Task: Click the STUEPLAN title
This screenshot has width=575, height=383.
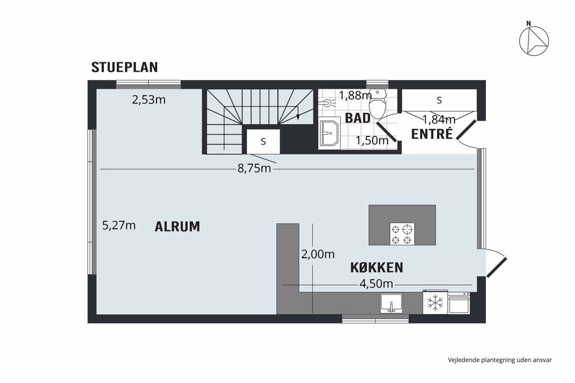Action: click(x=124, y=67)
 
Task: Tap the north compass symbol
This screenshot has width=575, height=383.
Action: click(x=533, y=40)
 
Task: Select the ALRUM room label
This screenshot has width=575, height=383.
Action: click(x=177, y=227)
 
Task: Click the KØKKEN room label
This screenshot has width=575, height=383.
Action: click(x=377, y=268)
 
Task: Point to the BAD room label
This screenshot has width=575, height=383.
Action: click(x=357, y=118)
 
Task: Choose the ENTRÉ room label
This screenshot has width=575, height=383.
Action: click(x=432, y=134)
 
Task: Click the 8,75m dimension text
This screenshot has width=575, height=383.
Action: click(x=254, y=169)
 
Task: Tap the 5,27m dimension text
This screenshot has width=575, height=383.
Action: click(x=119, y=225)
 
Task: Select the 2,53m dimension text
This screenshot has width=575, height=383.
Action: click(x=149, y=100)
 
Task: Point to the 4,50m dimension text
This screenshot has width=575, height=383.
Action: click(x=376, y=284)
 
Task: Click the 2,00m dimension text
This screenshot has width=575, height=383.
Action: click(x=318, y=254)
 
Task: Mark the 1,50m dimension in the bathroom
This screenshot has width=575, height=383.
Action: click(x=372, y=141)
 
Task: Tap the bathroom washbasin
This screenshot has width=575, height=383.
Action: click(x=330, y=134)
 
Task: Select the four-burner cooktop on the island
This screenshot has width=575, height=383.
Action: click(x=402, y=234)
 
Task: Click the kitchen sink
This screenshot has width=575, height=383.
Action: click(x=392, y=303)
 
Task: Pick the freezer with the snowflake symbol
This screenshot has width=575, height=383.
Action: click(x=435, y=302)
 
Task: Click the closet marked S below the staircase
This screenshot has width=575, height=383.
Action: click(x=263, y=141)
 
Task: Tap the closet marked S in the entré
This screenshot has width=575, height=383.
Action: click(x=439, y=100)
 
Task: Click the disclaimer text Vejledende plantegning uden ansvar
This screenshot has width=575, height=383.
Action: click(x=499, y=360)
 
